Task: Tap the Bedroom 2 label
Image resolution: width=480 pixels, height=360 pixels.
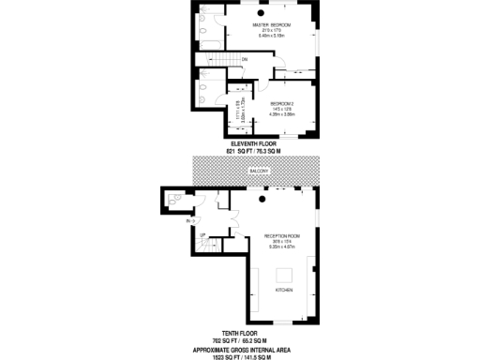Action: tap(282, 103)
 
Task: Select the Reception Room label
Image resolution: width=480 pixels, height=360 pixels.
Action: tap(280, 235)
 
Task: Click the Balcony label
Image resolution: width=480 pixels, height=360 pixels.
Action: tap(260, 171)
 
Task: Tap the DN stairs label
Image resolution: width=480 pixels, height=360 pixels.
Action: tap(244, 60)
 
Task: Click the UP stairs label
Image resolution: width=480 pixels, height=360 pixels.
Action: tap(202, 234)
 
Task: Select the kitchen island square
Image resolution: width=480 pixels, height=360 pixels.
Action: tap(284, 274)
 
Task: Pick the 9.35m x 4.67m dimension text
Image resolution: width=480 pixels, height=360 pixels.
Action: tap(280, 247)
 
